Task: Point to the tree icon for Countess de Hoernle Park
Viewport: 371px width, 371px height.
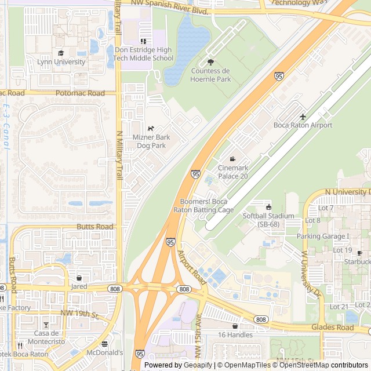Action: tap(210, 62)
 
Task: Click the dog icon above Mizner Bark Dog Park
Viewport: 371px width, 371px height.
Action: tap(151, 128)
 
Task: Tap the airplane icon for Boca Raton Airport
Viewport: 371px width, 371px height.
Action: tap(303, 117)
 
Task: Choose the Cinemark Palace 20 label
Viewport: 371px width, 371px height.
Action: tap(232, 172)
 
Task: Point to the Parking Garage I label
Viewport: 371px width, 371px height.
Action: tap(323, 236)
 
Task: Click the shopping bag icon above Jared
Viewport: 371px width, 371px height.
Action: tap(79, 278)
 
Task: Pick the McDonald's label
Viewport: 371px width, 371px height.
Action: tap(105, 352)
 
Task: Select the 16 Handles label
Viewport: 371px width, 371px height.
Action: tap(235, 334)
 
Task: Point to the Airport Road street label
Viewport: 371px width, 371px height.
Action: tap(192, 267)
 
